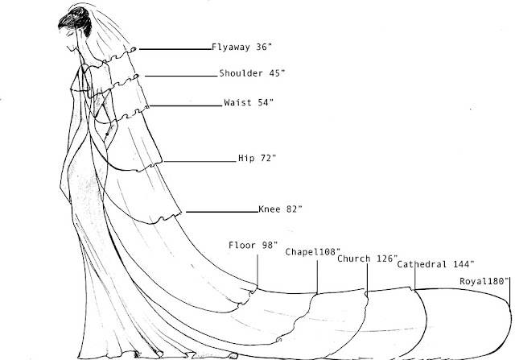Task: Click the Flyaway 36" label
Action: pyautogui.click(x=241, y=48)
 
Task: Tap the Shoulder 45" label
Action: pyautogui.click(x=252, y=73)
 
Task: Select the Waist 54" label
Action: pyautogui.click(x=249, y=102)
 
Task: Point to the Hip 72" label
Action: pyautogui.click(x=257, y=158)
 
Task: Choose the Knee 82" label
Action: pyautogui.click(x=280, y=209)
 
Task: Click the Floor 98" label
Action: pyautogui.click(x=253, y=246)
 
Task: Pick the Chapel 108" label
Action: pyautogui.click(x=312, y=252)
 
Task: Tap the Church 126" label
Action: pyautogui.click(x=367, y=259)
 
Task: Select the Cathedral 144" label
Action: pyautogui.click(x=435, y=264)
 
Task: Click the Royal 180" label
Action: pyautogui.click(x=484, y=281)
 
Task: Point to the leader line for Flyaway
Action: pyautogui.click(x=175, y=49)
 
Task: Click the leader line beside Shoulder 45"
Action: pyautogui.click(x=181, y=76)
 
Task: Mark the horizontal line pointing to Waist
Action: pyautogui.click(x=186, y=106)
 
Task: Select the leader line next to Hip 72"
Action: pyautogui.click(x=200, y=161)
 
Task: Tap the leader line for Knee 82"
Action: pyautogui.click(x=222, y=212)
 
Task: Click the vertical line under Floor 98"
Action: pyautogui.click(x=257, y=271)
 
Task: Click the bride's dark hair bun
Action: pyautogui.click(x=76, y=19)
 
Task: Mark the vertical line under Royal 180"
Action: pyautogui.click(x=509, y=291)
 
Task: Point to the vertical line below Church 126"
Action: pyautogui.click(x=367, y=277)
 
